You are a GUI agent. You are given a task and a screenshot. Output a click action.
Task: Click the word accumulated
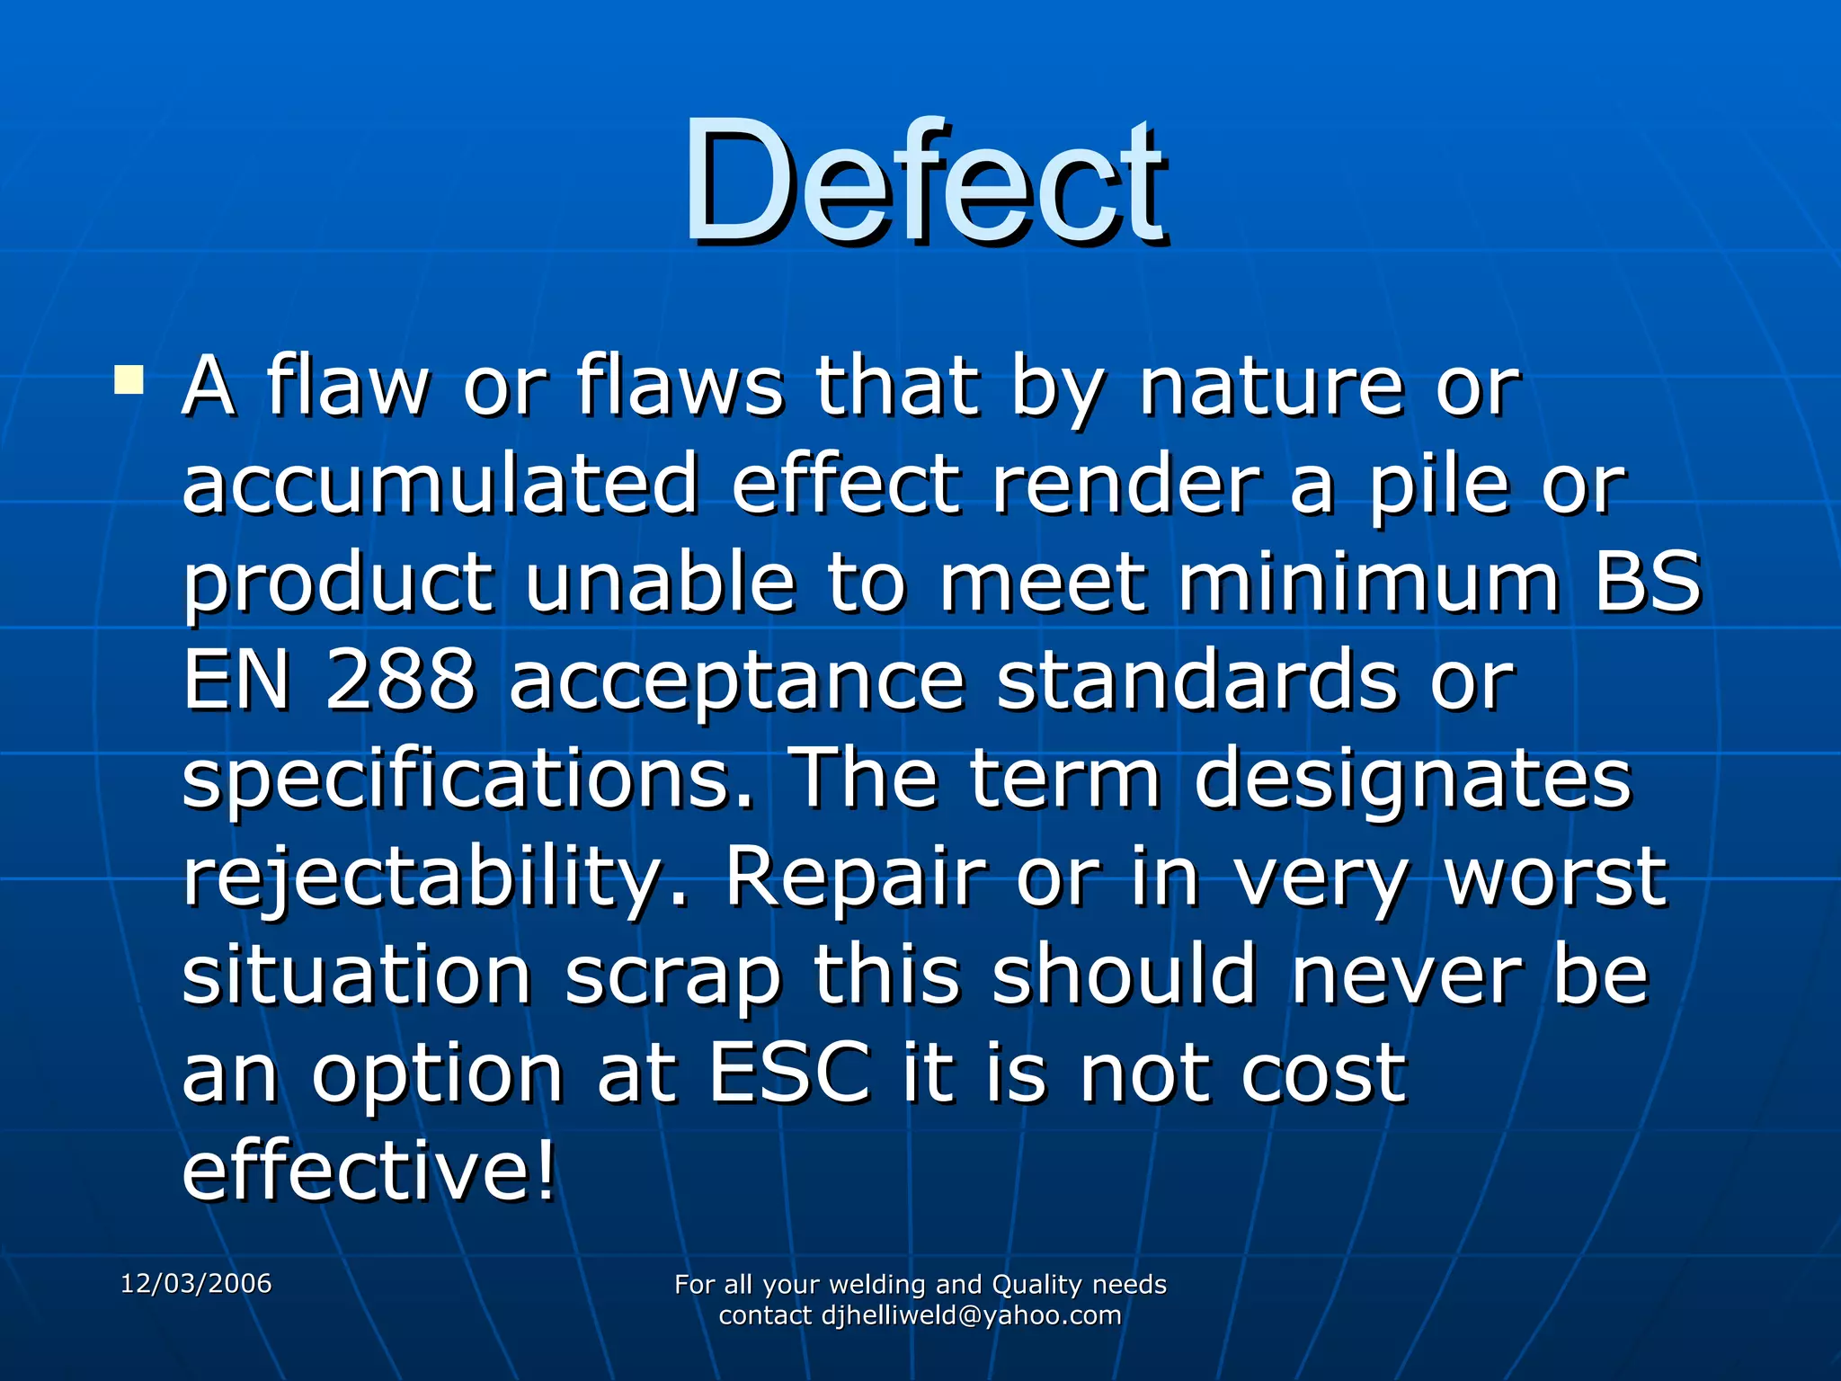click(x=440, y=485)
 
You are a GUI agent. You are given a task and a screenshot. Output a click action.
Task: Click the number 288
click(x=400, y=681)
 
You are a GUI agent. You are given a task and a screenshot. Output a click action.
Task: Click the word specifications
click(x=467, y=780)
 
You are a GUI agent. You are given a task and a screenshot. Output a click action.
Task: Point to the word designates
click(x=1412, y=780)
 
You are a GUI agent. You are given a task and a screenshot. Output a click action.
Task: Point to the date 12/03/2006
click(x=196, y=1283)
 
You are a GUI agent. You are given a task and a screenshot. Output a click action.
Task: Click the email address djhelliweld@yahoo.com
click(x=971, y=1315)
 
